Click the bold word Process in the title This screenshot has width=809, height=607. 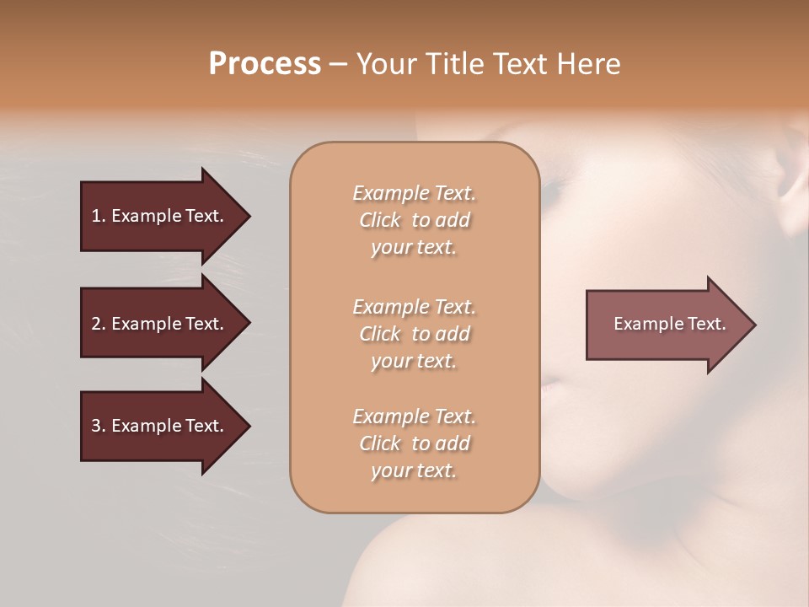pos(265,64)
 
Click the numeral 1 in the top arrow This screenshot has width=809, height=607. pos(96,216)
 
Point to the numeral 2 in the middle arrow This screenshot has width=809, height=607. pos(96,324)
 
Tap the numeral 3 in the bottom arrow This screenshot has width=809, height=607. pos(96,426)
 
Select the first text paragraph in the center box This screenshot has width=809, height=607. pos(414,220)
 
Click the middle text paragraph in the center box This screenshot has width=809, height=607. pos(414,333)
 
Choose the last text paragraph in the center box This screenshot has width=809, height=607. pos(414,443)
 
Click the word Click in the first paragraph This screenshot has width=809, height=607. pos(380,220)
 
